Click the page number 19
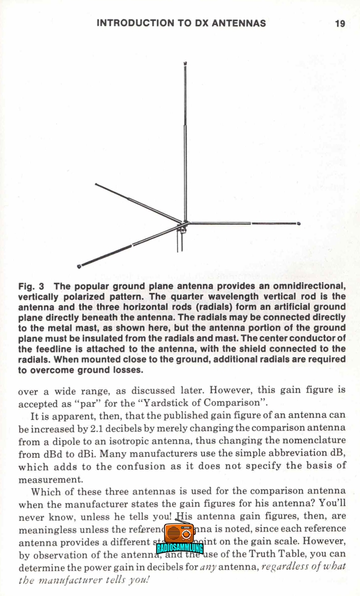point(340,23)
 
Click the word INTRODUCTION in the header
point(130,23)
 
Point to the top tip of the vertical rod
point(185,63)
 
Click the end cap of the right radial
point(298,223)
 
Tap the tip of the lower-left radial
point(79,267)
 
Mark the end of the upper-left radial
point(96,184)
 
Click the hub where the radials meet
point(185,224)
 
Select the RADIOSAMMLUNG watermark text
point(179,548)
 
